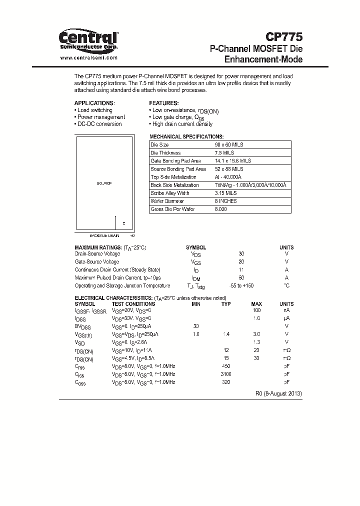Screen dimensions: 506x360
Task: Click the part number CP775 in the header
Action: (283, 37)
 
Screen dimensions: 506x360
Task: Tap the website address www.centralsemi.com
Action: (88, 58)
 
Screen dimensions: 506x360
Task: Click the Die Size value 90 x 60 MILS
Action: (229, 144)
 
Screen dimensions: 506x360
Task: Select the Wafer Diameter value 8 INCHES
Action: (226, 201)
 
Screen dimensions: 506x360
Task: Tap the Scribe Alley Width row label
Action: (170, 193)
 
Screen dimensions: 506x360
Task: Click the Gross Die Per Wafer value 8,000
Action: (221, 209)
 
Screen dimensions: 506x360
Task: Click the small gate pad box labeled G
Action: (123, 223)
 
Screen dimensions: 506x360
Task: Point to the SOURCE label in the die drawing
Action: (104, 184)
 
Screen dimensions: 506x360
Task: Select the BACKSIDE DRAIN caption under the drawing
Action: (104, 235)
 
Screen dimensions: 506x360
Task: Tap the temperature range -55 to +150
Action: (242, 285)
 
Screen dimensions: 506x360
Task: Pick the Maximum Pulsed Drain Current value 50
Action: (242, 277)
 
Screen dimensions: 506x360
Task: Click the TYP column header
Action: (226, 304)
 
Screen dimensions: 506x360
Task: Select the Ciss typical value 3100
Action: (226, 374)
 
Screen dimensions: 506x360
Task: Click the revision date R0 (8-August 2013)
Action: (278, 393)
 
